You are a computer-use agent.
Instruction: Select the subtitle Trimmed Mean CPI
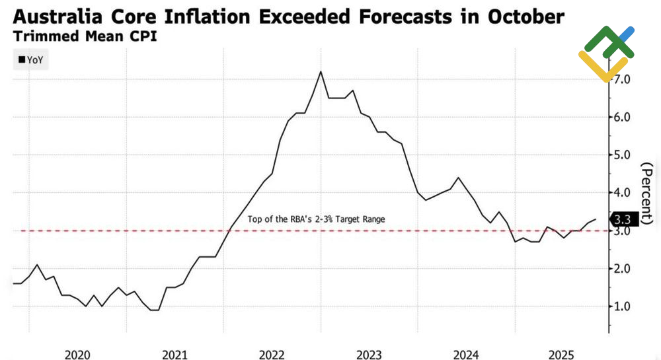tap(85, 36)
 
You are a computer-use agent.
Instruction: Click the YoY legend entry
tap(31, 59)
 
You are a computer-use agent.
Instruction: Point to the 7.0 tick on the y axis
tap(626, 79)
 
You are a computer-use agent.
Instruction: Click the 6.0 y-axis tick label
tap(626, 117)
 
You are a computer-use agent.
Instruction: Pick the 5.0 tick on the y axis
tap(626, 155)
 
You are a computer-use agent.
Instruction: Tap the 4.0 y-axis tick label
tap(626, 193)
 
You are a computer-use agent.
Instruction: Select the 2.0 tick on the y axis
tap(626, 269)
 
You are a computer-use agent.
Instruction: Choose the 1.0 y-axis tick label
tap(626, 306)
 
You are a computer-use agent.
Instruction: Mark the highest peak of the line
tap(321, 71)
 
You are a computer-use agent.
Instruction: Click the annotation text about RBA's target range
tap(316, 219)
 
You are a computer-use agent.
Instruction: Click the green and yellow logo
tap(606, 53)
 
